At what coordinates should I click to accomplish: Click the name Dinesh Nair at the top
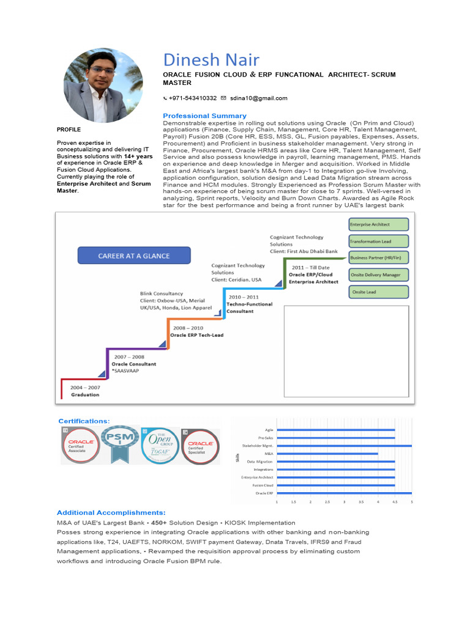[211, 60]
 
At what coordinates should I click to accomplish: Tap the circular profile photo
[103, 85]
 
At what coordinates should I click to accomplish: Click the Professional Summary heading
[204, 116]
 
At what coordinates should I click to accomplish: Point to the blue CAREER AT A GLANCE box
[134, 256]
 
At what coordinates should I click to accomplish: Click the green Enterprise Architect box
[378, 224]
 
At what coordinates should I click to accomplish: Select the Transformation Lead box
[378, 241]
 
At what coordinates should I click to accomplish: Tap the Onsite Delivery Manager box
[378, 275]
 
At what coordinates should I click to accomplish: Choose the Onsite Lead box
[378, 292]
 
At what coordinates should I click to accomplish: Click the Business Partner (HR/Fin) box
[378, 258]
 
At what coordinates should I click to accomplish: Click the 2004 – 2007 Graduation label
[85, 391]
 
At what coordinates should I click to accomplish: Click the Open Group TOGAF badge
[160, 446]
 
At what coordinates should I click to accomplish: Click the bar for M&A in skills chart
[327, 454]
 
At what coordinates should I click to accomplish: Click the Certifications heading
[84, 421]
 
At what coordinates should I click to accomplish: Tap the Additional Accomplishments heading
[111, 512]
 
